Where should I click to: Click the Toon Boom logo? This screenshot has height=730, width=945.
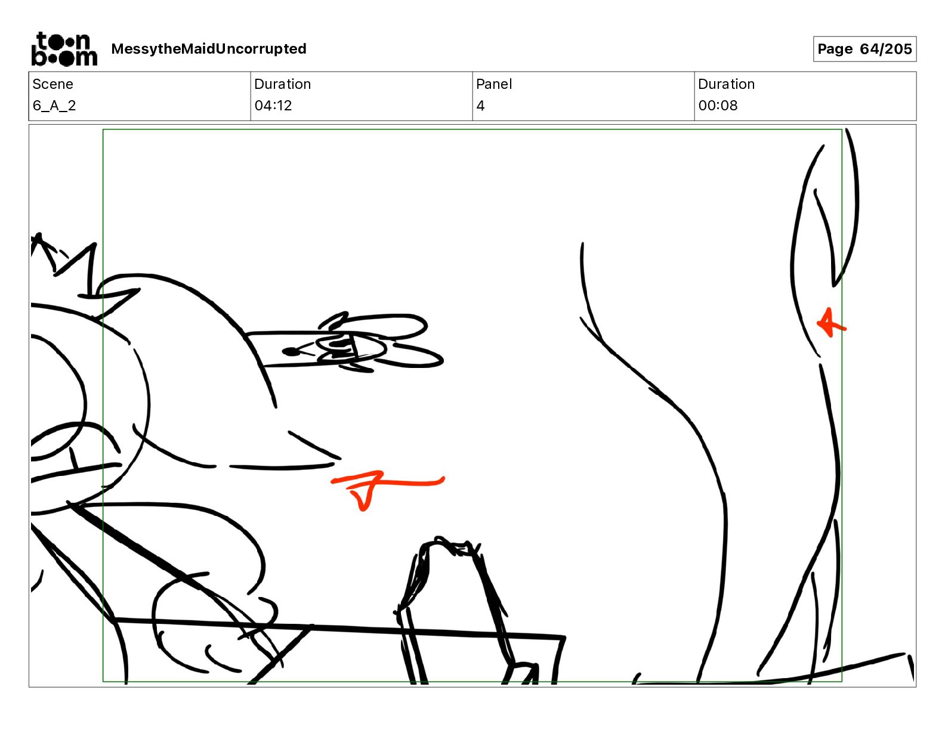coord(64,49)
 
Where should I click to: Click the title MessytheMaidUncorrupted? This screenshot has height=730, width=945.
coord(209,49)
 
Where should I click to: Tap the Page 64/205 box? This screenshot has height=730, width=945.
coord(864,49)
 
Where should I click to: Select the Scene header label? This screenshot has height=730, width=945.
coord(52,84)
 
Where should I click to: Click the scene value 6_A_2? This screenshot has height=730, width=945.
coord(54,106)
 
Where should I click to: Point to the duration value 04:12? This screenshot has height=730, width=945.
coord(273,106)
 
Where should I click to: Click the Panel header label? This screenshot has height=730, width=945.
coord(494,84)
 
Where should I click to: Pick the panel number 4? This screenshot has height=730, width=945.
coord(480,106)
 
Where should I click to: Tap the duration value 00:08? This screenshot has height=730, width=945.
coord(718,106)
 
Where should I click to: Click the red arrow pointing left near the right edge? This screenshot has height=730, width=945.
coord(832,323)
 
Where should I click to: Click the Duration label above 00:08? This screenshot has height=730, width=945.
coord(726,84)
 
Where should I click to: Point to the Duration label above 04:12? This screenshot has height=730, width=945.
coord(283,84)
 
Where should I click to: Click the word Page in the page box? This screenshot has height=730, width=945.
coord(835,49)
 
